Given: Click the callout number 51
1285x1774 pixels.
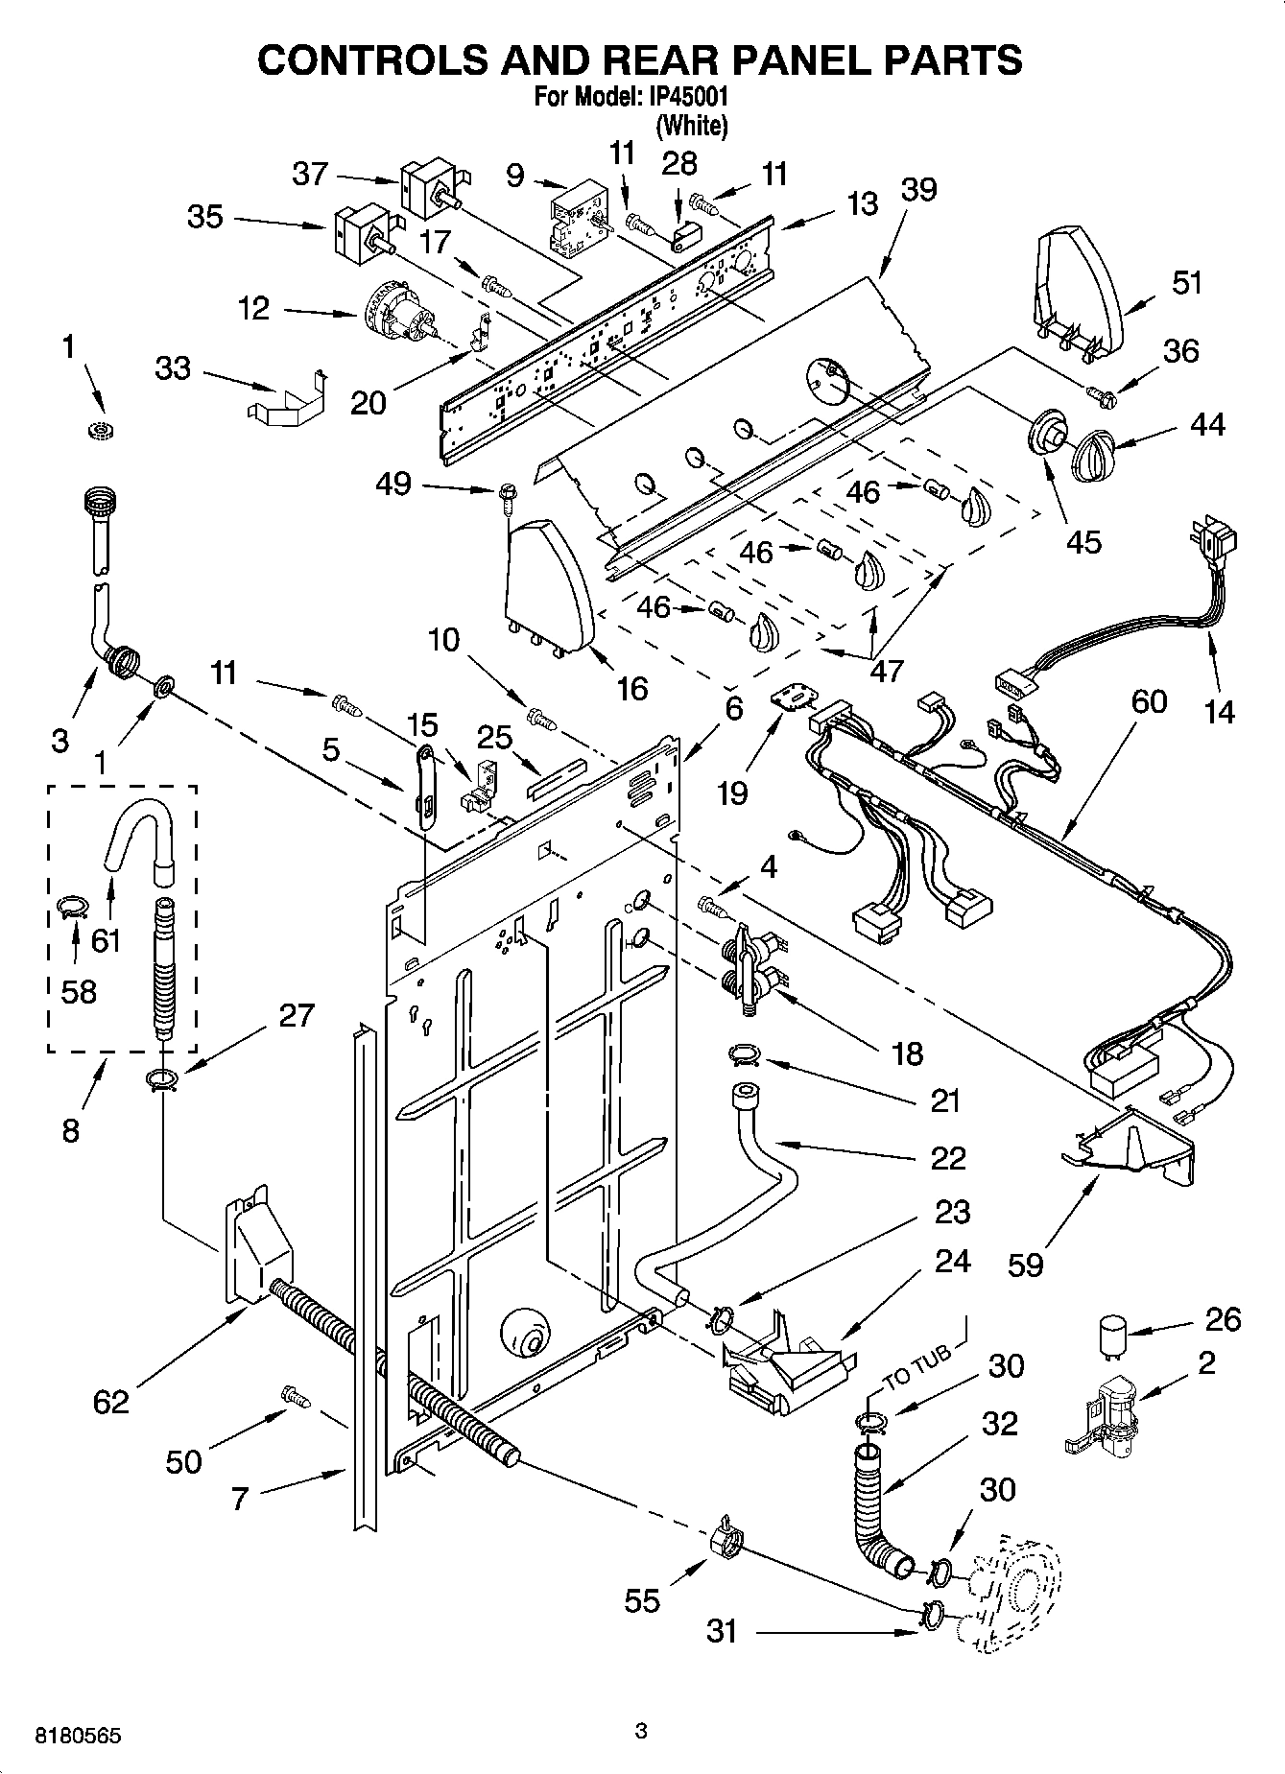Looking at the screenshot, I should [x=1186, y=284].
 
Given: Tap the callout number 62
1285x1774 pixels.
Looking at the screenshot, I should [x=110, y=1402].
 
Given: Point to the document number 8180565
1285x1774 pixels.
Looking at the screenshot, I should [x=78, y=1736].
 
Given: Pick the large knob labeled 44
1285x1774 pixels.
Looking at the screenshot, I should [x=1092, y=455].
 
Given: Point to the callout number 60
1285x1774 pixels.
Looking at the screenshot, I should [x=1148, y=701].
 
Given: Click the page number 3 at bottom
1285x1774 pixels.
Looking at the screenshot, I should [x=641, y=1731].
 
